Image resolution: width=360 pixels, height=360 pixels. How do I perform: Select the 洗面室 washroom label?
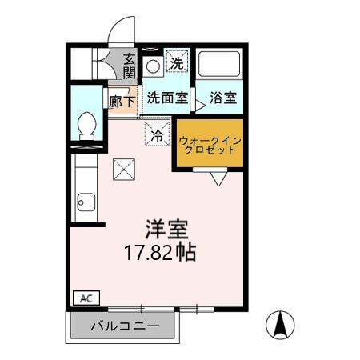coord(166,99)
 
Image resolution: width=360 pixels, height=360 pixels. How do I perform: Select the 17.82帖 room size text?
coord(160,254)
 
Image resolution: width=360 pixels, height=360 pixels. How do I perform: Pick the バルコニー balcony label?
coord(124,326)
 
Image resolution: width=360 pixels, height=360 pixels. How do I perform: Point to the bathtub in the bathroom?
coord(219,66)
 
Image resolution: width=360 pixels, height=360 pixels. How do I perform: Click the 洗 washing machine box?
coord(177,61)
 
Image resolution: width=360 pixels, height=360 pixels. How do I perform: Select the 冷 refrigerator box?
coord(157,134)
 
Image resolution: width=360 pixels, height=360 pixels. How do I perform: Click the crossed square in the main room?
coord(124,168)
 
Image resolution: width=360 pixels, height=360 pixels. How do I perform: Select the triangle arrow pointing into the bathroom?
coord(200,103)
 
